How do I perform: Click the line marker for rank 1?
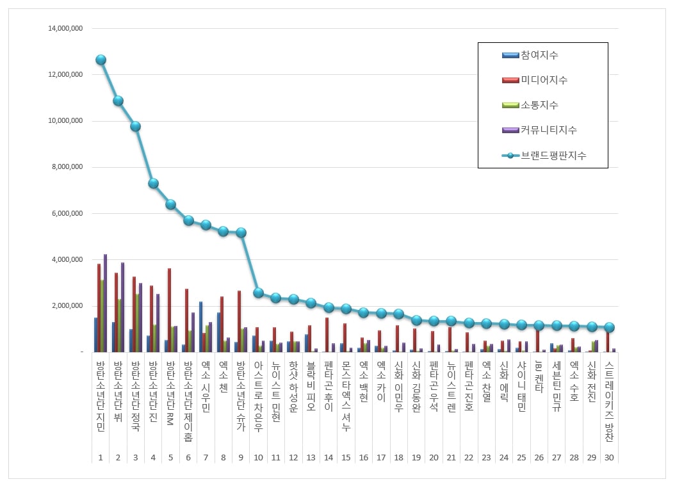[x=101, y=60]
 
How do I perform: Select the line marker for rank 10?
[x=258, y=293]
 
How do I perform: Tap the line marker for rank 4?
[x=153, y=183]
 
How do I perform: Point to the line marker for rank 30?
[x=609, y=327]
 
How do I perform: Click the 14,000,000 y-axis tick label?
[x=65, y=29]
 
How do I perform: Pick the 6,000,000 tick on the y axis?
[x=67, y=213]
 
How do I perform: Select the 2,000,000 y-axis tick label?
[x=67, y=306]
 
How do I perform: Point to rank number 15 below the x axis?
[x=346, y=457]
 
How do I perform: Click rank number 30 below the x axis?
[x=609, y=457]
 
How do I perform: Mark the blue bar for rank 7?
[x=200, y=327]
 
